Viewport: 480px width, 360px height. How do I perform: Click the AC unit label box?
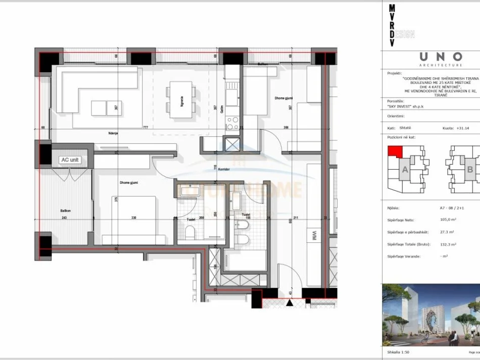(x=70, y=160)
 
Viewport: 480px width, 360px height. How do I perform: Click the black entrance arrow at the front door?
(x=290, y=303)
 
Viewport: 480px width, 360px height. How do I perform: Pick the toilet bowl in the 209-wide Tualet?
(x=189, y=232)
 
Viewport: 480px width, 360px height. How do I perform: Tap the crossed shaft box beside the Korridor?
(x=232, y=145)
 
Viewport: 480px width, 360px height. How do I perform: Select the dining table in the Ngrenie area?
(x=181, y=99)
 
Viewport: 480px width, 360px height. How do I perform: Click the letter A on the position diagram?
(x=404, y=170)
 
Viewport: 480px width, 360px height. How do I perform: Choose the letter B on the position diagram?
(x=469, y=170)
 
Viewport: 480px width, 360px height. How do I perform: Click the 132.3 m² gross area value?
(x=449, y=244)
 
